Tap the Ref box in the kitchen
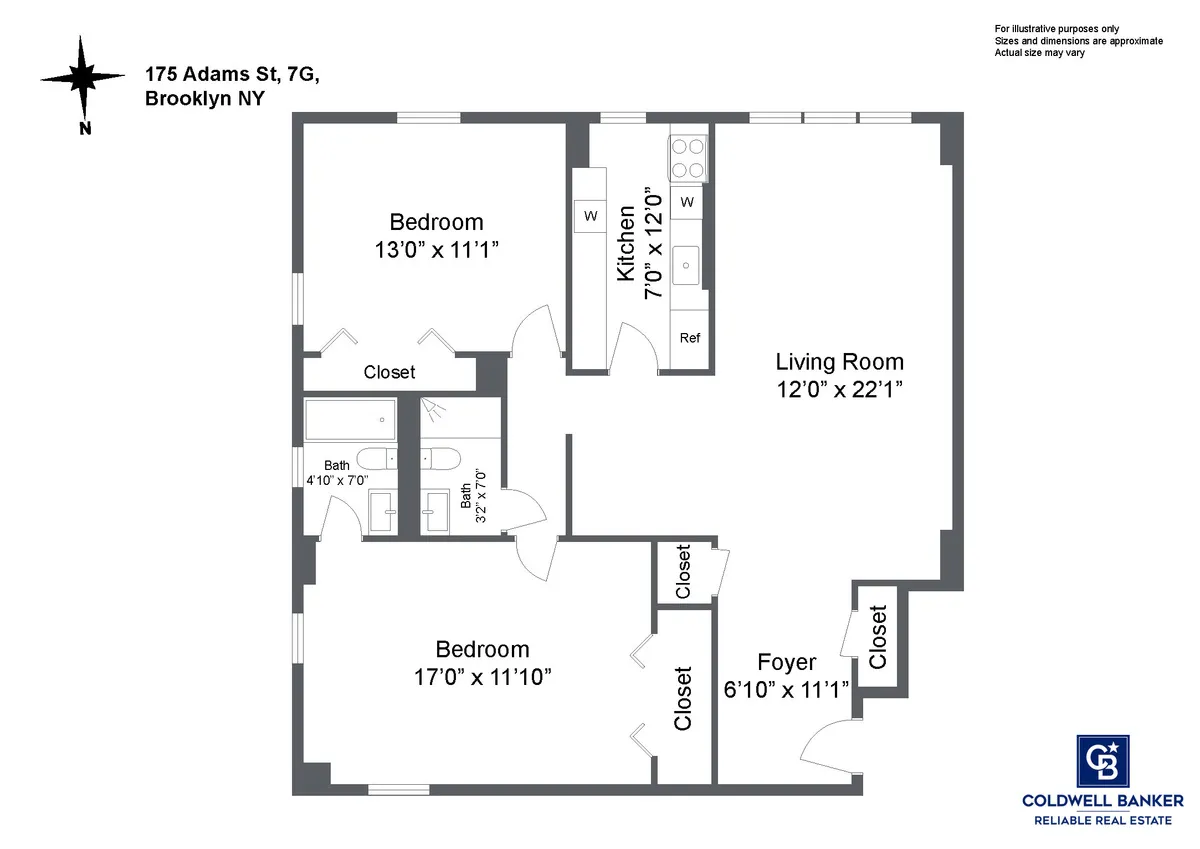[690, 338]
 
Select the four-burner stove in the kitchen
[688, 157]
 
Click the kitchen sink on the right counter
[688, 264]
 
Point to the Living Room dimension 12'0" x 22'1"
[840, 390]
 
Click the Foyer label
[786, 663]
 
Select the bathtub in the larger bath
[350, 420]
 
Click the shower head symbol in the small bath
[432, 408]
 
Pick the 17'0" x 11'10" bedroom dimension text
[482, 678]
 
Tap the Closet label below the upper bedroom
[389, 373]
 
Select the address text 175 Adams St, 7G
[233, 75]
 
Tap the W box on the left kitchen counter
[590, 215]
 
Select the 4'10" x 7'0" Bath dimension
[338, 480]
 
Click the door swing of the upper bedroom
[538, 332]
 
